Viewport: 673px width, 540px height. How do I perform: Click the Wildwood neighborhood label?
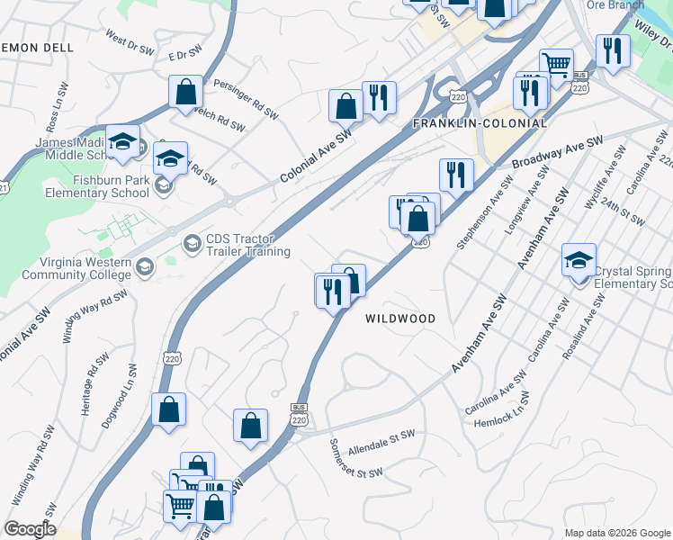pyautogui.click(x=400, y=319)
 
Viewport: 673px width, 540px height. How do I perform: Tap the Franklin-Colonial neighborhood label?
pyautogui.click(x=480, y=122)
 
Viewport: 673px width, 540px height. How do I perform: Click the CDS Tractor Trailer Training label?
pyautogui.click(x=248, y=245)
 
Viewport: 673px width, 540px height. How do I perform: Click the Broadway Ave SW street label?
pyautogui.click(x=557, y=153)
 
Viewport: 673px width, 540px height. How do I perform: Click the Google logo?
pyautogui.click(x=29, y=529)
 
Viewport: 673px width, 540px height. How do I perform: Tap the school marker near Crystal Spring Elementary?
pyautogui.click(x=579, y=261)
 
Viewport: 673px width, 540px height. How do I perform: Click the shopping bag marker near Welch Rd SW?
pyautogui.click(x=185, y=92)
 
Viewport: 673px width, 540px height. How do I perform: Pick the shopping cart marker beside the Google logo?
pyautogui.click(x=180, y=506)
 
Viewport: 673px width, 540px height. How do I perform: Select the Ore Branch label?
pyautogui.click(x=615, y=5)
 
